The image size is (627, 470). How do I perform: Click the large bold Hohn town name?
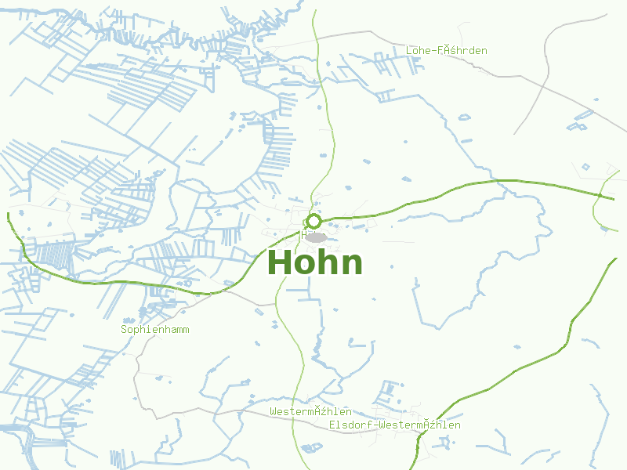click(315, 263)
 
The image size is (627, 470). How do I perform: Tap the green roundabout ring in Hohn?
click(313, 221)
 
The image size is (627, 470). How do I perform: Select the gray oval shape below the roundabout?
click(316, 237)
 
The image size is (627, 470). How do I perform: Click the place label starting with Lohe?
click(446, 51)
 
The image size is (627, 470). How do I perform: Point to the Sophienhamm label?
click(154, 330)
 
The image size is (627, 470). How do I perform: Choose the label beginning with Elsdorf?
click(394, 425)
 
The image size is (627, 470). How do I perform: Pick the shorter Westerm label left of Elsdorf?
click(310, 412)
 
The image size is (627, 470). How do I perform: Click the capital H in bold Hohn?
click(281, 263)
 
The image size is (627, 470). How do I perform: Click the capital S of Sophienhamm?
click(124, 330)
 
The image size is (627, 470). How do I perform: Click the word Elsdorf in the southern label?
click(350, 425)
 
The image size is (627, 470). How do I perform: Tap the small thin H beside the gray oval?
click(303, 234)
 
